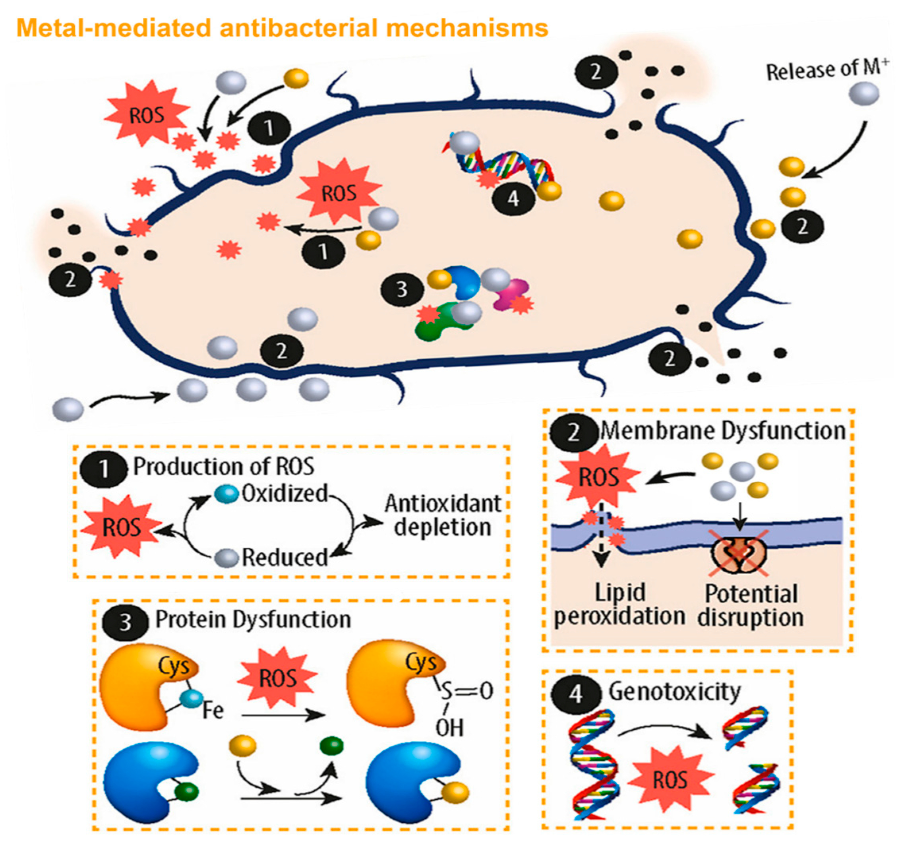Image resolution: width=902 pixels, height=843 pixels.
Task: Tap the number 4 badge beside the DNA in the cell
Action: click(513, 198)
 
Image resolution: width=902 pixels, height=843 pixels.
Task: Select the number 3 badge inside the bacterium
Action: click(402, 289)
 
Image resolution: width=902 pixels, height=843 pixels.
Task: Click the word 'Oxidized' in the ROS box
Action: click(285, 494)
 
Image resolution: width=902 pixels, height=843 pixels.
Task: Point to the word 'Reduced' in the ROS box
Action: click(285, 558)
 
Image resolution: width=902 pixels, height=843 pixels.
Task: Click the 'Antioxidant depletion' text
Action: click(442, 516)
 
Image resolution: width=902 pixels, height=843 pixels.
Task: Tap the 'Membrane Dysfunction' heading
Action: click(723, 431)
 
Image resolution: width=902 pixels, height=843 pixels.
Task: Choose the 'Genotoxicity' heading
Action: click(674, 692)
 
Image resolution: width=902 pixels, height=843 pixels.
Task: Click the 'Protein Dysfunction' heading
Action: click(253, 620)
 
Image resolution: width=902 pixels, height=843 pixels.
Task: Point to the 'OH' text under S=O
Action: click(449, 728)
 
